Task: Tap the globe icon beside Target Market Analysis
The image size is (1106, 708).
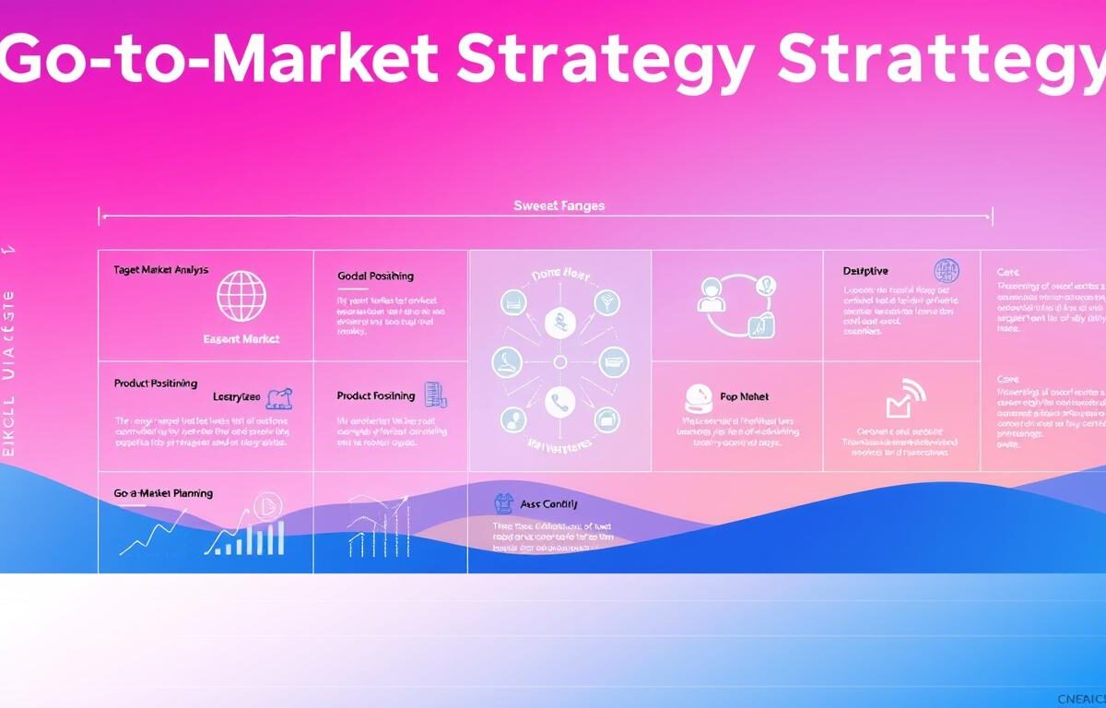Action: coord(241,296)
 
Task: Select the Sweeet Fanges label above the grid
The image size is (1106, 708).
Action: coord(559,206)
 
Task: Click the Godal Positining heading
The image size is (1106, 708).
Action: coord(375,276)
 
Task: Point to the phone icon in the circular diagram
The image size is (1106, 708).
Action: coord(559,401)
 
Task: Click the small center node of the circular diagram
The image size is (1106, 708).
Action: coord(559,360)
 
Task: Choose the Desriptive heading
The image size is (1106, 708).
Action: coord(865,271)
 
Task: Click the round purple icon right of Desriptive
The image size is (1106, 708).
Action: coord(947,270)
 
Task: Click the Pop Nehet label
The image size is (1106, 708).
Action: coord(744,396)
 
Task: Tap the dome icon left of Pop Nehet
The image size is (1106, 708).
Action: coord(698,398)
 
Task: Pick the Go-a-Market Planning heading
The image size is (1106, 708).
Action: coord(163,493)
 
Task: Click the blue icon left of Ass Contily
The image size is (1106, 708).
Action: coord(503,503)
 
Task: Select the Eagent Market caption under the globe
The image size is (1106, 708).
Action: coord(241,339)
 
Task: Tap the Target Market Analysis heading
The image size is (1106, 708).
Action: coord(160,270)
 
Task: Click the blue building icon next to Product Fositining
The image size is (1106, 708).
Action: coord(434,395)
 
